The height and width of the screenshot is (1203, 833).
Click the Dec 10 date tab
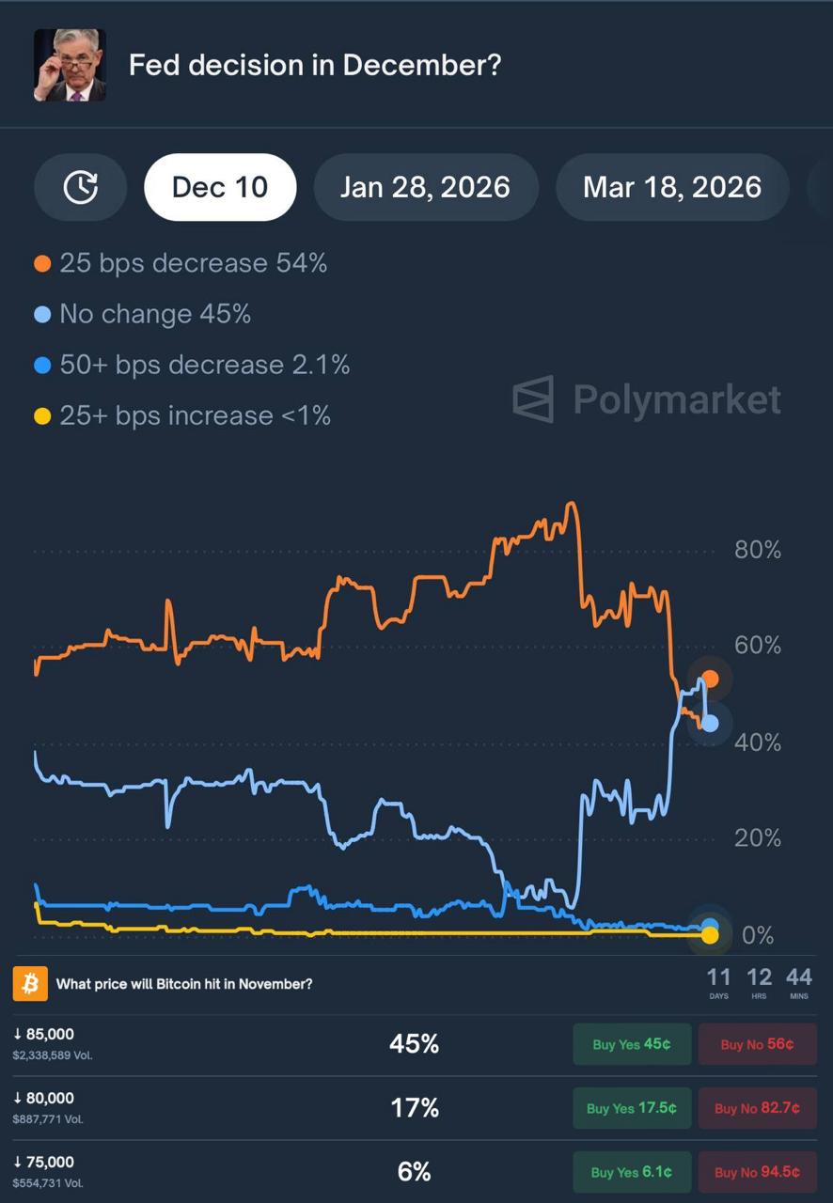pos(220,187)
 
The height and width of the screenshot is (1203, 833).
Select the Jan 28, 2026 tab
pos(425,187)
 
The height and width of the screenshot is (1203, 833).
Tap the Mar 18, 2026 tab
pos(671,187)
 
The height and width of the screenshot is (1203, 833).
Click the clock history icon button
pos(81,187)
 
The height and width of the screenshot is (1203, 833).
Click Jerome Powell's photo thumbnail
pos(70,65)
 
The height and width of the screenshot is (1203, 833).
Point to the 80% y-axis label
pos(758,550)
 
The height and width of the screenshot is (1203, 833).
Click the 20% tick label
pos(758,837)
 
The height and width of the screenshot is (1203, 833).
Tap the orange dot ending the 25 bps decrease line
pos(711,679)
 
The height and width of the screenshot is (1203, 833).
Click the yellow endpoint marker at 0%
pos(710,934)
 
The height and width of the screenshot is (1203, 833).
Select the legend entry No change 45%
pos(143,314)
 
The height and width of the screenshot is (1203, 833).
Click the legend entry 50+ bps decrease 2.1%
pos(193,365)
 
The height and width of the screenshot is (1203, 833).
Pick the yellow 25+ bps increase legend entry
pos(183,415)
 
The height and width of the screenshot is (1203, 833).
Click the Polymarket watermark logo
pos(647,399)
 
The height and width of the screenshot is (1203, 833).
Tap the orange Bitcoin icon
pos(30,984)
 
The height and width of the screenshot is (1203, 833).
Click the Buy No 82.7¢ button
pos(757,1108)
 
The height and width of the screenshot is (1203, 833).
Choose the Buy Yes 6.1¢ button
pos(632,1172)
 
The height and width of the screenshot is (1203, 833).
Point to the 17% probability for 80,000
pos(415,1108)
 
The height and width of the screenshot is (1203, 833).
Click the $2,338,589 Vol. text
pos(53,1055)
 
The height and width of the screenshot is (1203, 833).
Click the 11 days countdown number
pos(718,977)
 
